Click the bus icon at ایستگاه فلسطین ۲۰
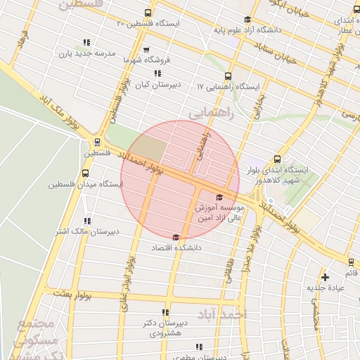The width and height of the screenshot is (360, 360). tap(147, 13)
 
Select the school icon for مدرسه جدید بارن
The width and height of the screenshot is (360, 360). tap(86, 42)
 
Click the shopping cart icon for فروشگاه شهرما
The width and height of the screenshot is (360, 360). tap(146, 50)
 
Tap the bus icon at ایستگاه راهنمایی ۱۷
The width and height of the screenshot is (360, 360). tap(227, 76)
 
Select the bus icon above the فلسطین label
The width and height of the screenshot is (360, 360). tap(97, 141)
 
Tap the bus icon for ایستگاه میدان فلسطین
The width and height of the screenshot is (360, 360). tap(85, 173)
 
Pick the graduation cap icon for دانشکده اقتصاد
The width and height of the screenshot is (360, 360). tap(175, 237)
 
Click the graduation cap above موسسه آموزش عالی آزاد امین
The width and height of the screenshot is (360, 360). tap(219, 198)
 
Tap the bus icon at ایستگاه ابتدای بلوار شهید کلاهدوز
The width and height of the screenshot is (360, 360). tap(276, 159)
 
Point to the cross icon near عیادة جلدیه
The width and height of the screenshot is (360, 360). tap(325, 276)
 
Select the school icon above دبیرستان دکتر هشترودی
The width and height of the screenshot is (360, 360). tap(165, 312)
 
